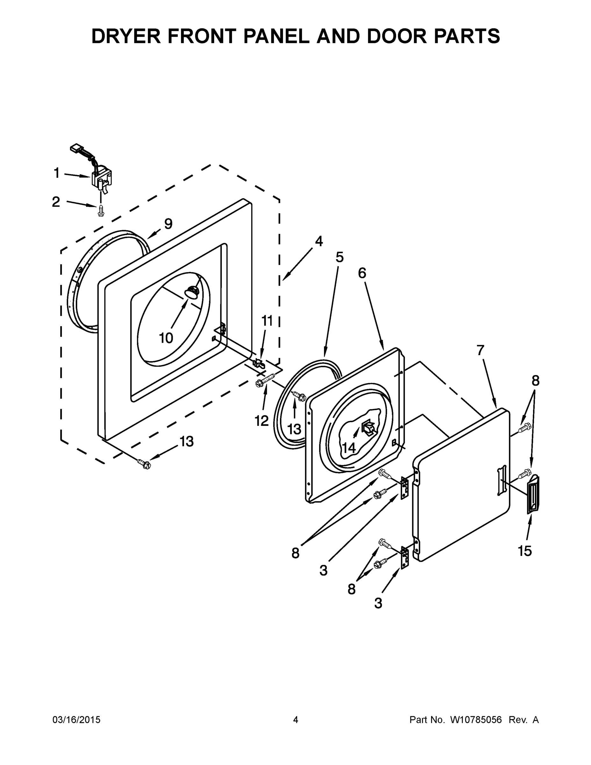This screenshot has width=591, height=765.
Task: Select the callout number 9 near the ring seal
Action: coord(169,223)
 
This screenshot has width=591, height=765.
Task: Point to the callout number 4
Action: coord(319,241)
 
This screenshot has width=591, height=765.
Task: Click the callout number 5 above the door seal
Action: coord(339,257)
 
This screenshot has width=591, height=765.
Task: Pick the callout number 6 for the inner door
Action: coord(362,273)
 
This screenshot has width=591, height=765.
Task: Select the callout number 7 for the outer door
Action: coord(480,350)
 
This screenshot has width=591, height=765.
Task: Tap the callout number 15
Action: coord(525,551)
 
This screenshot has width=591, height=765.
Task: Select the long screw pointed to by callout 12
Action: coord(266,380)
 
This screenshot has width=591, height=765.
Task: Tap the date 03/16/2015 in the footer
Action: coord(76,720)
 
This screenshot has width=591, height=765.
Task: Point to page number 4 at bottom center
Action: coord(296,720)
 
